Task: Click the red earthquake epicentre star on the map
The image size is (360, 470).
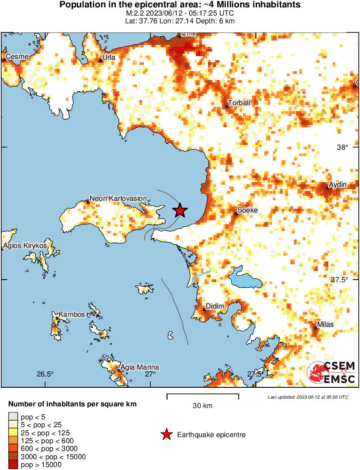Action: click(180, 210)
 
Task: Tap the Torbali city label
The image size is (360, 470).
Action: click(239, 103)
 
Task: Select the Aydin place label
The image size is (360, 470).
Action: click(338, 185)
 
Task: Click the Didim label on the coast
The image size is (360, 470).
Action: click(215, 306)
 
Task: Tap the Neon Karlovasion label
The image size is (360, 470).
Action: click(118, 198)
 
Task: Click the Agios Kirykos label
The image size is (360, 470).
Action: click(25, 246)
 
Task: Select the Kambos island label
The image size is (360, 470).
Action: click(72, 315)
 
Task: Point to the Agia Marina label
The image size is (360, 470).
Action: click(139, 367)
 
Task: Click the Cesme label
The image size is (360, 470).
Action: click(16, 57)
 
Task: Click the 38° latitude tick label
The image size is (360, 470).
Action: click(342, 147)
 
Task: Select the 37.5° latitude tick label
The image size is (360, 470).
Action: click(339, 280)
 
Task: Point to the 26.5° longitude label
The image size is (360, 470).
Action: click(45, 374)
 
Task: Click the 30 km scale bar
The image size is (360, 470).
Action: click(202, 395)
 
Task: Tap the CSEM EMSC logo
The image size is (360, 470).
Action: click(331, 372)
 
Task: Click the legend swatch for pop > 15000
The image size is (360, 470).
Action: click(13, 464)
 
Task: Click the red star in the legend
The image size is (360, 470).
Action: click(166, 435)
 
